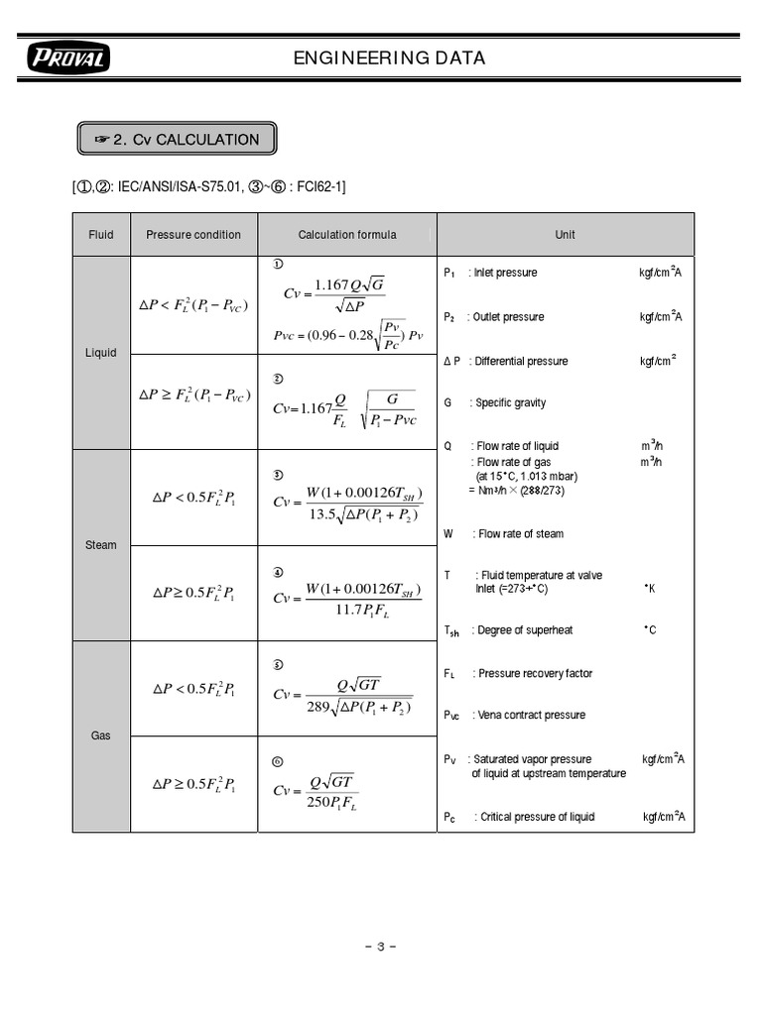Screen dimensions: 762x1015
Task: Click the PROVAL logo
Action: pos(69,59)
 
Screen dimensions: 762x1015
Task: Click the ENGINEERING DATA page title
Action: pos(389,58)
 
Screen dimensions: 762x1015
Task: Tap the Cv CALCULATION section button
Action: pos(177,140)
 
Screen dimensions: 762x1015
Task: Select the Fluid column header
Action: pos(100,235)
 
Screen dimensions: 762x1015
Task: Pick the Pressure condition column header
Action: pos(193,235)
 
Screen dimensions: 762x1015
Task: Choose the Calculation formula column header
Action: pos(347,235)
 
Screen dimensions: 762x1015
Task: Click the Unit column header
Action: pos(565,235)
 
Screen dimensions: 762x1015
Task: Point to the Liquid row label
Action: pos(101,353)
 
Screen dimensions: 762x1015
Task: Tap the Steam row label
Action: pos(101,545)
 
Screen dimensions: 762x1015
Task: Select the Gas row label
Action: pos(101,737)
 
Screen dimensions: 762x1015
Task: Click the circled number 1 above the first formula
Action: pos(279,264)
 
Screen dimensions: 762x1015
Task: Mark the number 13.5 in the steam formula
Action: pos(323,513)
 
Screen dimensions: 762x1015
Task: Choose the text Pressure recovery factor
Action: pos(535,674)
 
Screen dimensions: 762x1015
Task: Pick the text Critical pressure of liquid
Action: pos(537,817)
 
